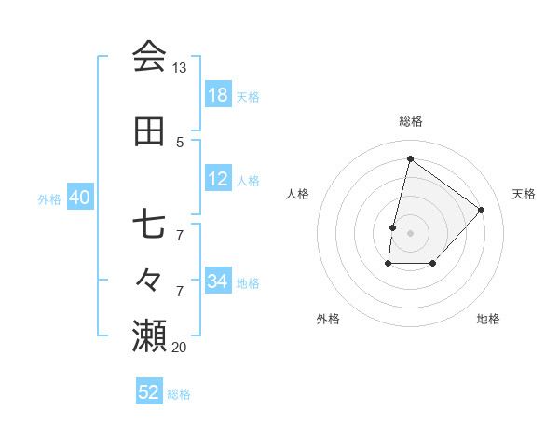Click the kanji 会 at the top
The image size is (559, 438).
coord(149,57)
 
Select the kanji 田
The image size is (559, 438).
coord(149,131)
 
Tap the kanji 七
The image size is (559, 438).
coord(149,225)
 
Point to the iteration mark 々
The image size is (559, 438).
coord(149,278)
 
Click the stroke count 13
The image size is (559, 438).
coord(179,68)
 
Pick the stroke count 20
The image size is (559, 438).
coord(179,347)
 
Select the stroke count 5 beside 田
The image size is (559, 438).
coord(180,142)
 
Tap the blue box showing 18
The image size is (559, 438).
coord(218,95)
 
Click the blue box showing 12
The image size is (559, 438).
coord(218,179)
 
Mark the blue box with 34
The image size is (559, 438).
coord(218,281)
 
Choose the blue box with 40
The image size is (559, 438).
coord(79,198)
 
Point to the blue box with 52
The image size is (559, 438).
coord(149,392)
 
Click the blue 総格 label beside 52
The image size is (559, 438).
coord(180,394)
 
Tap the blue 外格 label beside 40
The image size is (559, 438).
coord(49,198)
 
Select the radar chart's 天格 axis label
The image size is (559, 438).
coord(524,194)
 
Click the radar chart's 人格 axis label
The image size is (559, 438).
coord(298,194)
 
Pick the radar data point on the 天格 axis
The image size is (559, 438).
coord(481,210)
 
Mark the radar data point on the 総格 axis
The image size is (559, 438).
coord(410,158)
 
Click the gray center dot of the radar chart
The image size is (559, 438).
coord(410,232)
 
